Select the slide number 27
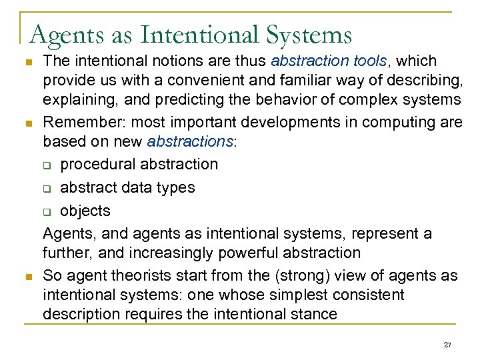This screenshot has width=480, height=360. (447, 344)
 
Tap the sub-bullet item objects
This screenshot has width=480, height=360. (85, 211)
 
